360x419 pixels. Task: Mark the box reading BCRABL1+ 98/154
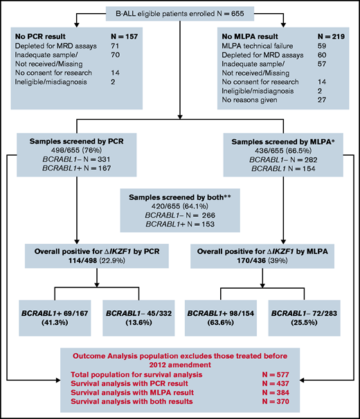point(225,310)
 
